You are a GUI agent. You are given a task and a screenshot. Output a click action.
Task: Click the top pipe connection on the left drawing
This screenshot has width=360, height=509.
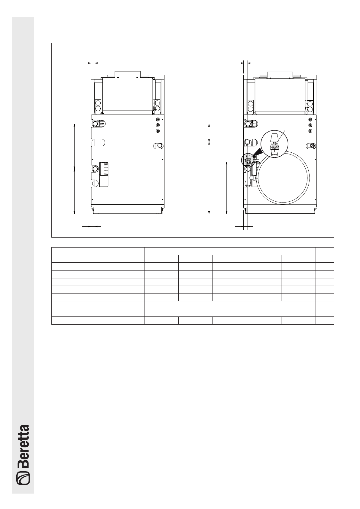point(95,123)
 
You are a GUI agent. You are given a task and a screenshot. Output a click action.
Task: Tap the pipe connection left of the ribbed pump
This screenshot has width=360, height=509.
point(95,169)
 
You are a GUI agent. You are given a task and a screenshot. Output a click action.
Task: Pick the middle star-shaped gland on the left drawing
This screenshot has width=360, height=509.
point(158,125)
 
